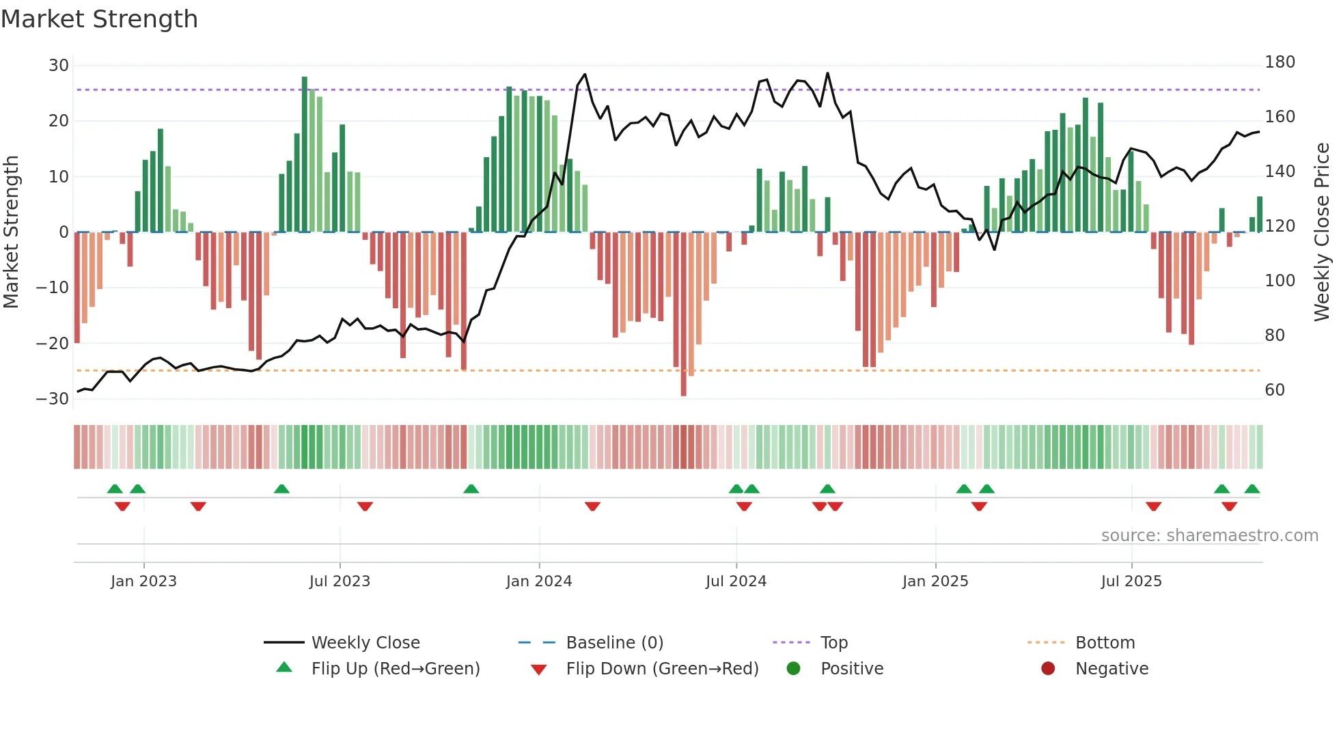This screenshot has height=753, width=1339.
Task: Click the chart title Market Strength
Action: (x=99, y=19)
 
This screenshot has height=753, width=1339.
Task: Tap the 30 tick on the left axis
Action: (x=59, y=66)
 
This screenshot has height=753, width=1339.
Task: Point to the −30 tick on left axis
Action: (x=53, y=399)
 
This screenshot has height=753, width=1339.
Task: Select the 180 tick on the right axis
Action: (x=1280, y=62)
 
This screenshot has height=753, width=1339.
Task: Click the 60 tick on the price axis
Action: (x=1275, y=390)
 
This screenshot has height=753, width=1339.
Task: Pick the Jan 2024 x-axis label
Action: (x=538, y=581)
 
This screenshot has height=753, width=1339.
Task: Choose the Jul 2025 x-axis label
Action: (x=1131, y=581)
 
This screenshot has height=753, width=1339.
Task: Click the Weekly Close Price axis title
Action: (x=1322, y=232)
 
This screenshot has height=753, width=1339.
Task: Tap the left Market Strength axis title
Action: (x=11, y=232)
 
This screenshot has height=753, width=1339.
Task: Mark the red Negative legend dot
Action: (x=1048, y=669)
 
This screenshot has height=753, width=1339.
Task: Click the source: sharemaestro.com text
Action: (x=1209, y=536)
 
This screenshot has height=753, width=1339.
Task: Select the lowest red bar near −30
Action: (x=683, y=314)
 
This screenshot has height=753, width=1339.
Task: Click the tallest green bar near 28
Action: (x=305, y=154)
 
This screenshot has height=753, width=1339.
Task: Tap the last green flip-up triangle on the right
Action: (x=1252, y=489)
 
